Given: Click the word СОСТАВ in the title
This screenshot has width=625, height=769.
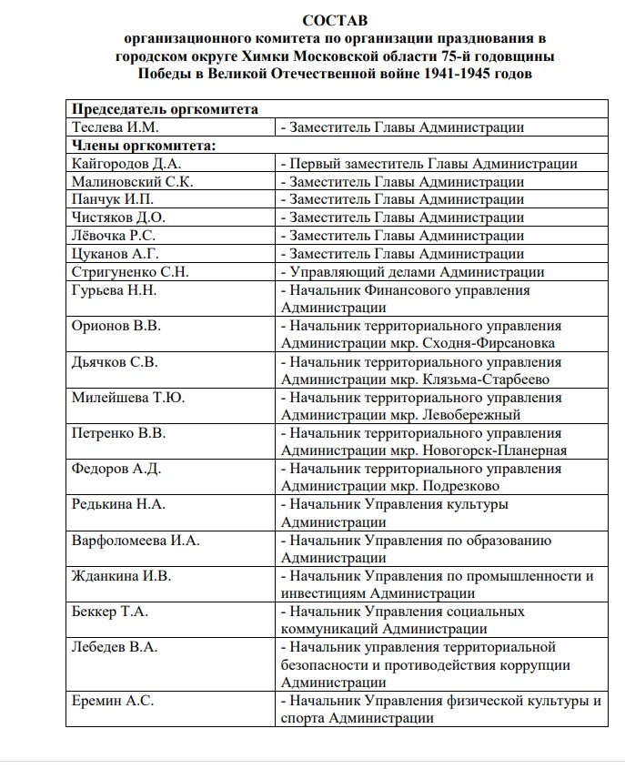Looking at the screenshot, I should [336, 19].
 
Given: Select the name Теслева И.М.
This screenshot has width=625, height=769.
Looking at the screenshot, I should [109, 128].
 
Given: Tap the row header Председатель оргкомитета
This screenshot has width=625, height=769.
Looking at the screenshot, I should [166, 110].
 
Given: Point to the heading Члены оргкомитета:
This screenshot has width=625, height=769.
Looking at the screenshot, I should [144, 146].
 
